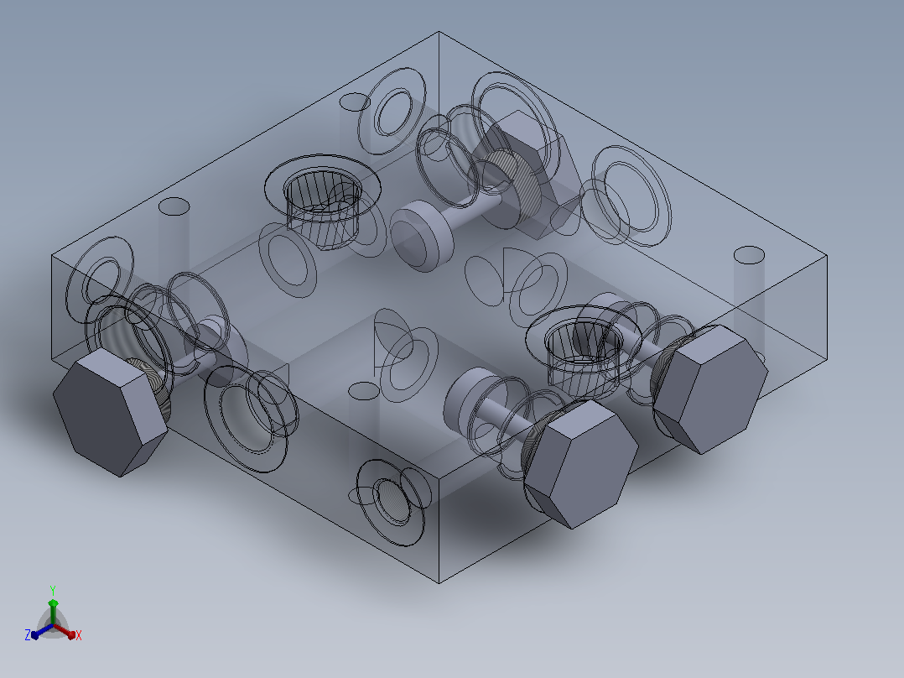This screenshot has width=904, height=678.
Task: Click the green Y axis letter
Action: (53, 590)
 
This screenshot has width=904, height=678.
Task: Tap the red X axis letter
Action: (79, 635)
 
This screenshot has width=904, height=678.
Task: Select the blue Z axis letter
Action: (27, 634)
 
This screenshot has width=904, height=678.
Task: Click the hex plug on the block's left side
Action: (110, 411)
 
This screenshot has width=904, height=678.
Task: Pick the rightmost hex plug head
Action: (709, 388)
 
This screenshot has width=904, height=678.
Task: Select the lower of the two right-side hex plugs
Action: (580, 462)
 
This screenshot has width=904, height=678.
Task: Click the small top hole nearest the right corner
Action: (749, 255)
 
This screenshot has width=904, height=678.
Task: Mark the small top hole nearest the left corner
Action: (174, 206)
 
